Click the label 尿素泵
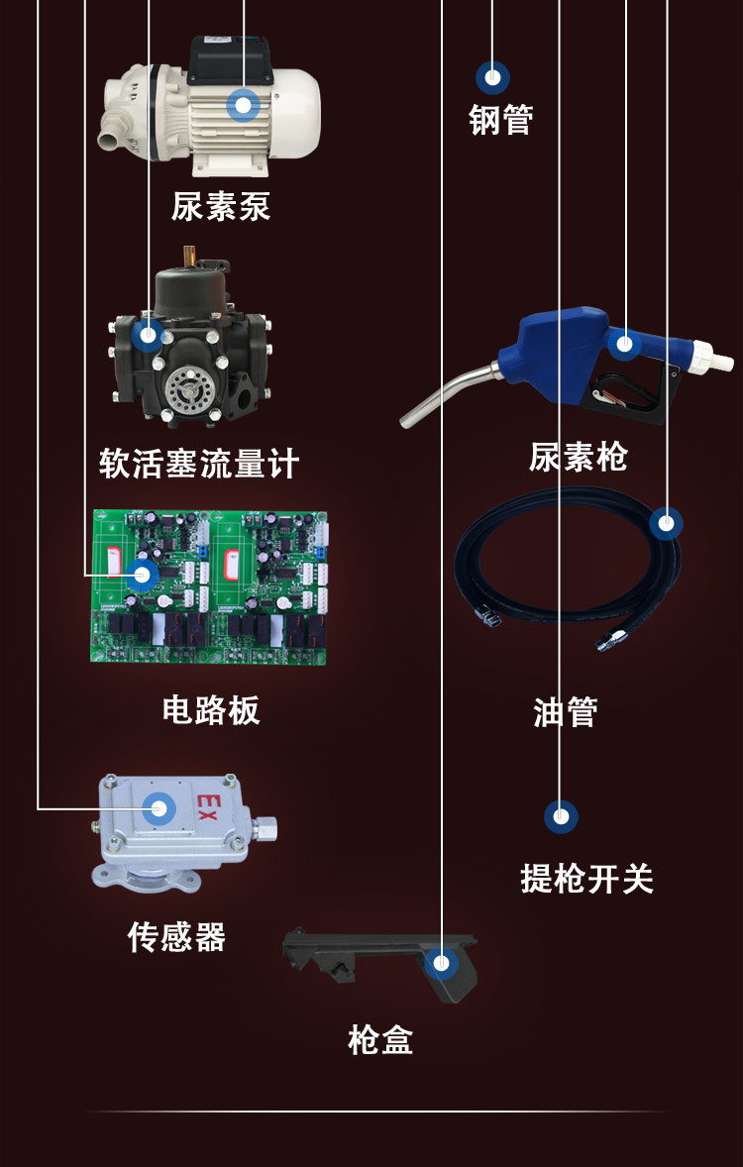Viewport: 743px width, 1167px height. [x=220, y=206]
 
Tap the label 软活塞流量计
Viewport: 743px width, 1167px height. [x=199, y=463]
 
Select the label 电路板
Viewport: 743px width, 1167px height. [x=211, y=709]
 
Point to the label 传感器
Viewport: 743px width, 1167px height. [x=176, y=936]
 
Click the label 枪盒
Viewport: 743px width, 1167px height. [x=380, y=1040]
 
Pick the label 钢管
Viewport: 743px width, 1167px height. [x=501, y=120]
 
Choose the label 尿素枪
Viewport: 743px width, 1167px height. [x=578, y=457]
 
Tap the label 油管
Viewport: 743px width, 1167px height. [x=566, y=711]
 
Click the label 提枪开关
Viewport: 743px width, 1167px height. [x=587, y=878]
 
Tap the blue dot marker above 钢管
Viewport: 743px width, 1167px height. [x=492, y=77]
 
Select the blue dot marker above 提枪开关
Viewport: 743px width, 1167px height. [x=561, y=816]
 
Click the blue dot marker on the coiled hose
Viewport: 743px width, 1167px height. [x=667, y=522]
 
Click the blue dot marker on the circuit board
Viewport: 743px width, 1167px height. [x=143, y=574]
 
